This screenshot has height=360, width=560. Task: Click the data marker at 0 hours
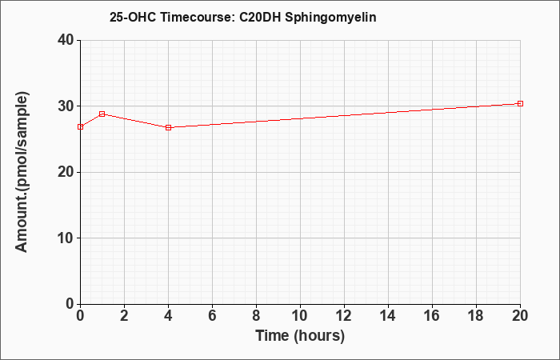pyautogui.click(x=80, y=126)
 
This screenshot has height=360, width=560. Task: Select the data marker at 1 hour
pyautogui.click(x=102, y=114)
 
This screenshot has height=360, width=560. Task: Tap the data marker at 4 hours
pyautogui.click(x=169, y=127)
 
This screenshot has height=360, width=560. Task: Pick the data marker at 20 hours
pyautogui.click(x=520, y=103)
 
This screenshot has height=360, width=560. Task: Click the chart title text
pyautogui.click(x=243, y=17)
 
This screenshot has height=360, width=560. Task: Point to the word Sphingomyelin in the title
pyautogui.click(x=330, y=18)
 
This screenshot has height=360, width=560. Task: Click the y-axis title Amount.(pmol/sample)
pyautogui.click(x=22, y=172)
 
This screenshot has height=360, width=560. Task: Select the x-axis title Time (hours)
pyautogui.click(x=300, y=336)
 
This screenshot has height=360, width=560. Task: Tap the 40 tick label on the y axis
pyautogui.click(x=66, y=40)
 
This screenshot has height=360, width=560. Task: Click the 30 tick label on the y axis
pyautogui.click(x=66, y=106)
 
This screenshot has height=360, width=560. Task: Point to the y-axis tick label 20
pyautogui.click(x=66, y=172)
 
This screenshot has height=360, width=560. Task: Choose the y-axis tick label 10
pyautogui.click(x=66, y=238)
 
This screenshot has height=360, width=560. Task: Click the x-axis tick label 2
pyautogui.click(x=124, y=316)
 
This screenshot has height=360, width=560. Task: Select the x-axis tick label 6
pyautogui.click(x=213, y=316)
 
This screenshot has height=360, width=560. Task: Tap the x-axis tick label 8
pyautogui.click(x=257, y=316)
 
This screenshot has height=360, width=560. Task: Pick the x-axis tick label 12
pyautogui.click(x=344, y=316)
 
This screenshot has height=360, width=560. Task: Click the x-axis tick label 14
pyautogui.click(x=388, y=316)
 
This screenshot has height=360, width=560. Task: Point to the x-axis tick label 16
pyautogui.click(x=433, y=316)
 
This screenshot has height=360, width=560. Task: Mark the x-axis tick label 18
pyautogui.click(x=477, y=316)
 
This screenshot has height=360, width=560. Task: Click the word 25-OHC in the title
pyautogui.click(x=133, y=17)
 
